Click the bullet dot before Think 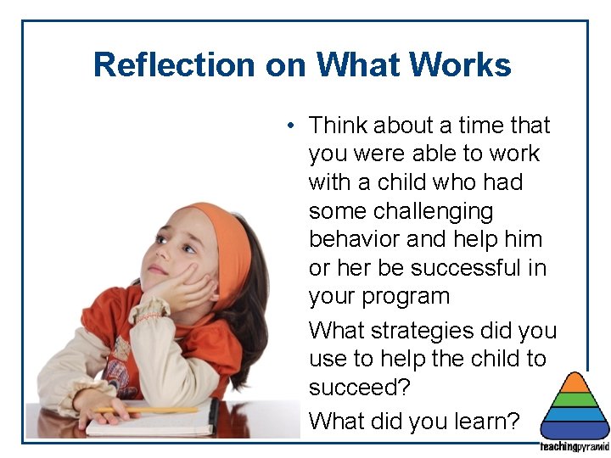click(x=290, y=126)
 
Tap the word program click(x=403, y=298)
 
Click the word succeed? click(x=359, y=388)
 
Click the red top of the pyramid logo click(x=575, y=383)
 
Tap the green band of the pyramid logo click(x=575, y=399)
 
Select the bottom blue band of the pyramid click(x=575, y=430)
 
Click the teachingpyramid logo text click(x=575, y=447)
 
